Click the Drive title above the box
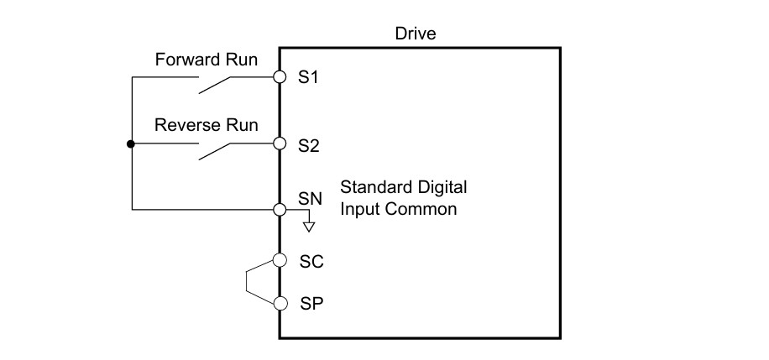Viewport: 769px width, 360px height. coord(416,34)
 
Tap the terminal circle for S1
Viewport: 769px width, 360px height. coord(280,77)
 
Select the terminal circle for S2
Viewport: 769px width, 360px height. coord(280,143)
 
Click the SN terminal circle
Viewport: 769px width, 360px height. coord(280,210)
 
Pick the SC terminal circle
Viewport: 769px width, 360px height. coord(280,260)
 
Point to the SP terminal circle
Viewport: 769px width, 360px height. coord(280,304)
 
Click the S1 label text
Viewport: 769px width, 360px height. coord(308,77)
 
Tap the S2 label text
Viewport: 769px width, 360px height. coord(309,146)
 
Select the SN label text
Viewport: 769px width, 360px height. coord(311,199)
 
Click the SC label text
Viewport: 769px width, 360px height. coord(311,262)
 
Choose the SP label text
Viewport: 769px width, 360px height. coord(311,304)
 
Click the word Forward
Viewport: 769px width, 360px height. coord(187,60)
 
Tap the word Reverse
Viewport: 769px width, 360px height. coord(187,124)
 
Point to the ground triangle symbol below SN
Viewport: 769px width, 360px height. coord(309,227)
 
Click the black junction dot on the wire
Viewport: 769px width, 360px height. coord(130,143)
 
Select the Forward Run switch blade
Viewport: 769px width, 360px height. coord(214,85)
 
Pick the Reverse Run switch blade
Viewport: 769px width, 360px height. coord(214,152)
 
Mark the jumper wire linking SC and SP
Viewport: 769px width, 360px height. coord(246,282)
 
